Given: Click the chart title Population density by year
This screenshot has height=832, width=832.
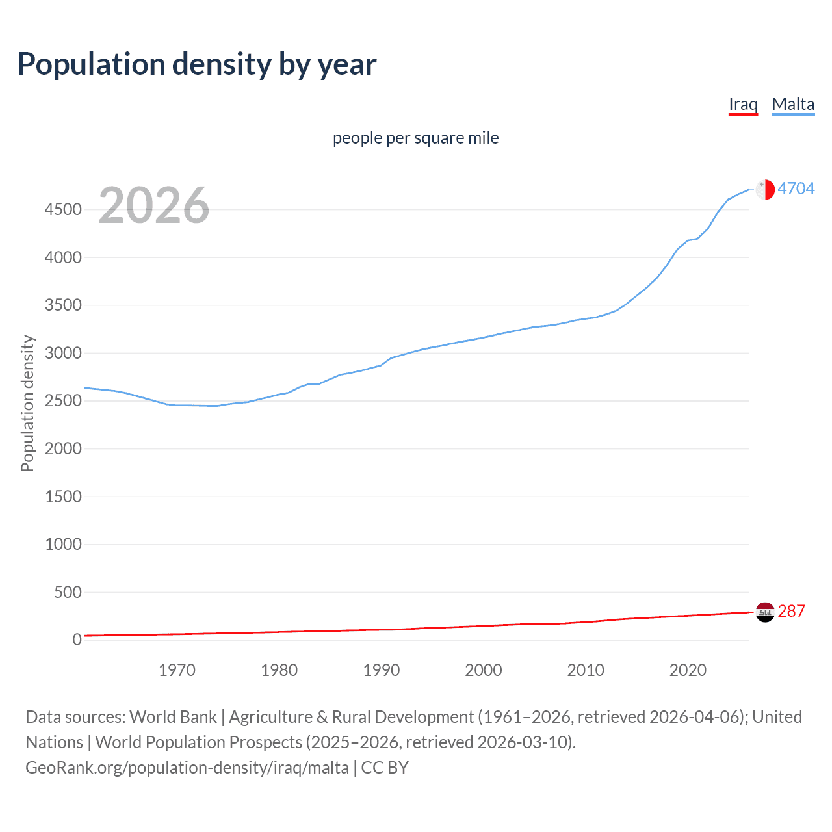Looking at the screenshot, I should point(197,64).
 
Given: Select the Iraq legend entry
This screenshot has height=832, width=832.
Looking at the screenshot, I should point(743,104).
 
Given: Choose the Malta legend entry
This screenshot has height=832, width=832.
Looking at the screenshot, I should point(793,104).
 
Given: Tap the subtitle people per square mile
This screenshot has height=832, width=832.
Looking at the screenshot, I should point(415,138).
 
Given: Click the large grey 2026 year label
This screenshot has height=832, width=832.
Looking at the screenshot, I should point(154,205).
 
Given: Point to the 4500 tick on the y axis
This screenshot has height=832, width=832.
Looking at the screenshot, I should point(63,210).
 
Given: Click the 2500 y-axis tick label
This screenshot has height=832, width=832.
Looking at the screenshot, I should point(63,401).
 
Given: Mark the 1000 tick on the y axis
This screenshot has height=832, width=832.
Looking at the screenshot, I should point(63,545).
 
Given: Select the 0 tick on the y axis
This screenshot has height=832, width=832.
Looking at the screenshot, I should point(77,640).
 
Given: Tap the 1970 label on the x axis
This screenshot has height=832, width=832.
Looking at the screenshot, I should point(177,670).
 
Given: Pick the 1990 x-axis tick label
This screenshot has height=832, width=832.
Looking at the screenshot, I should point(382,670).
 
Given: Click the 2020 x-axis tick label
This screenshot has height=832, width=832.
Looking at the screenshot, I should point(688,670).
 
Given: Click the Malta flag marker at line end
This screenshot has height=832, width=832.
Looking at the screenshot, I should point(765,189).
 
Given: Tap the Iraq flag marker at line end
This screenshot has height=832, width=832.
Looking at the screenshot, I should point(765,612).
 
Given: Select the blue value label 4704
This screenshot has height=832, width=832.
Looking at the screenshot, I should point(796,188).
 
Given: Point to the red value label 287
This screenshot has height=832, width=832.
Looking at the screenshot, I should point(791,611).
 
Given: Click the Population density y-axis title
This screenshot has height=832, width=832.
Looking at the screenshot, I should point(27,403).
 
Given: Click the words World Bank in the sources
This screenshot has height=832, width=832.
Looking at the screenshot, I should point(173,717).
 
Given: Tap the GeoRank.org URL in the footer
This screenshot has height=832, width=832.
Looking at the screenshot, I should point(187,768).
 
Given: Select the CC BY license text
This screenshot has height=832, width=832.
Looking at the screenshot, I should point(385,768).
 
